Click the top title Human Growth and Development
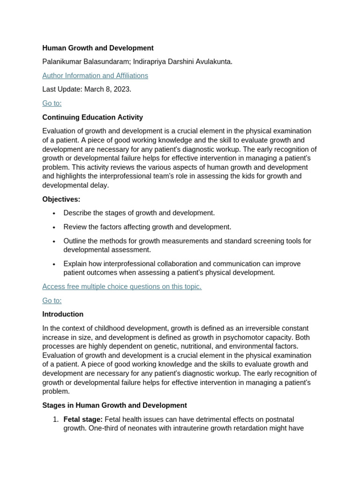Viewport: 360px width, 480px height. (97, 48)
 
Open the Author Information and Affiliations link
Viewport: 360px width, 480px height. (95, 75)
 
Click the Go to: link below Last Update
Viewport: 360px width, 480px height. (52, 103)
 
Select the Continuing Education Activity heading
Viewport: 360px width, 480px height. (92, 117)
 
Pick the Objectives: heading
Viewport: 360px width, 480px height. (61, 199)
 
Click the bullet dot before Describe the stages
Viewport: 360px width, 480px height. (54, 213)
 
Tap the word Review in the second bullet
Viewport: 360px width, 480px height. (75, 227)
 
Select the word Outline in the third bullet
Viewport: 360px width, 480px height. (75, 241)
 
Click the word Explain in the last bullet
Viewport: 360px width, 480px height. (75, 263)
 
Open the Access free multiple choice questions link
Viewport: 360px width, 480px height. (121, 286)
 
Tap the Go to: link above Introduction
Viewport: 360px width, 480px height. (52, 300)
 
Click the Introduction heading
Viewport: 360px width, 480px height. (63, 314)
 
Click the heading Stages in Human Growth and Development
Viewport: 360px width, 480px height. (114, 405)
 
